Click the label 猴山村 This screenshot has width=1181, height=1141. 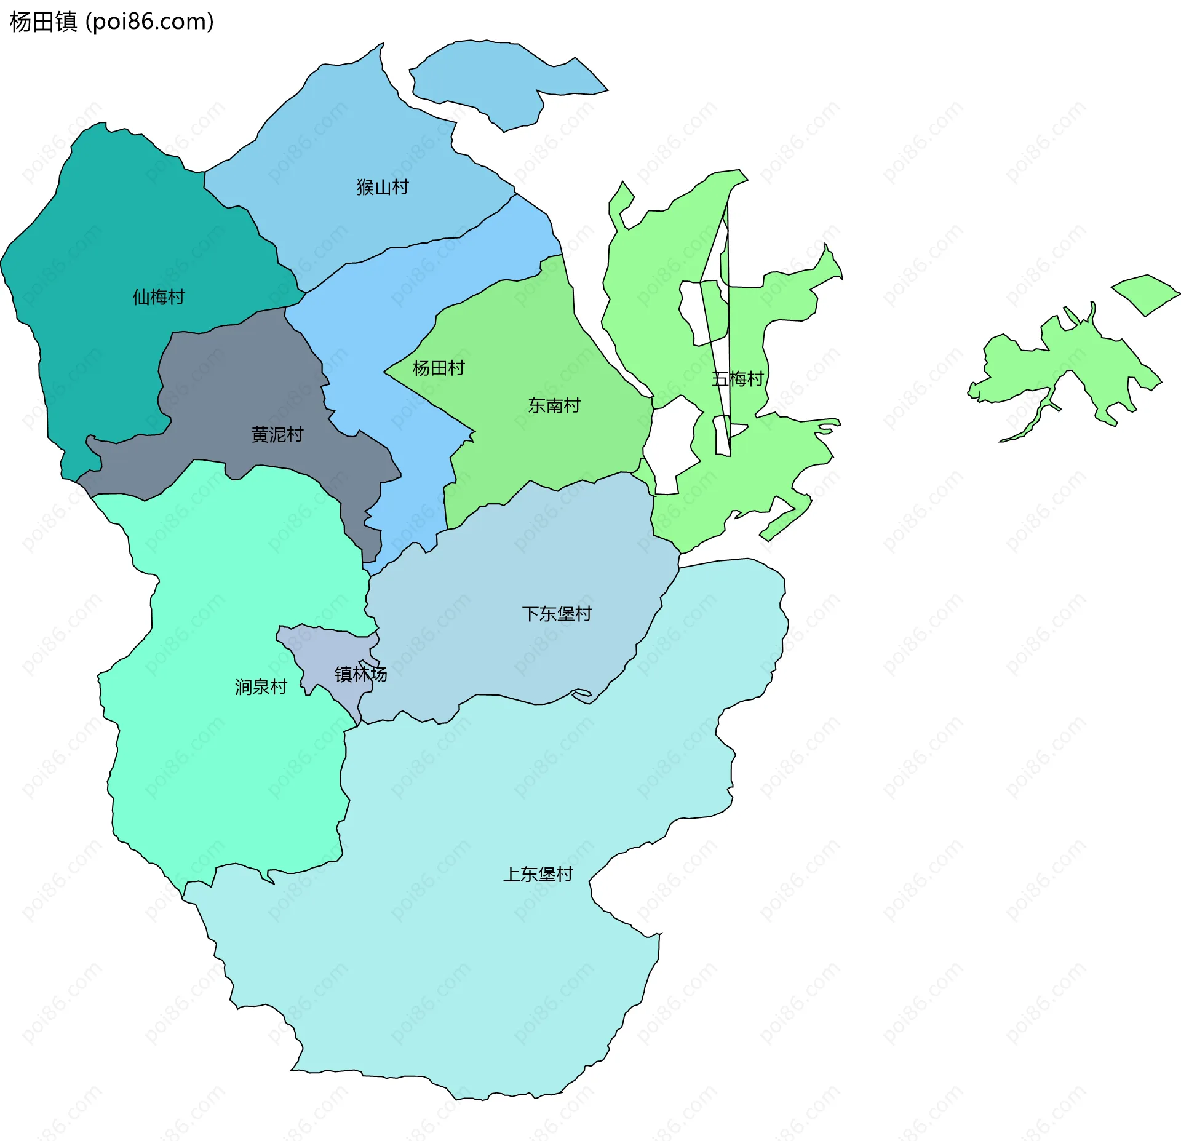[x=383, y=187]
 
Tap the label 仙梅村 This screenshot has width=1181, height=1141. [x=159, y=297]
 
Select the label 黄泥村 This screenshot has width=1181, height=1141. [x=277, y=435]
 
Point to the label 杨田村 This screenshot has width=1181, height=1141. [x=439, y=368]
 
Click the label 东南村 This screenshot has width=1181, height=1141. [x=554, y=406]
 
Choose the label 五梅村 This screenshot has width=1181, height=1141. [x=738, y=379]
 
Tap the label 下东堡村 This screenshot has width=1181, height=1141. [x=557, y=614]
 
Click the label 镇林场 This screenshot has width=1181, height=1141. [x=361, y=674]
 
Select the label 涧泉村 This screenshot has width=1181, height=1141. [x=261, y=687]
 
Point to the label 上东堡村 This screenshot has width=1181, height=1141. [x=538, y=874]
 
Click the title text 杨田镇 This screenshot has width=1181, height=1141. [x=43, y=22]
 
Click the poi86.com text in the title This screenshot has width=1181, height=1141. [x=150, y=22]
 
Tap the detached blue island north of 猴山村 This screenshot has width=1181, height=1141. [x=492, y=77]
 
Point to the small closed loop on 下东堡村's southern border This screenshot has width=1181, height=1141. [x=581, y=694]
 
